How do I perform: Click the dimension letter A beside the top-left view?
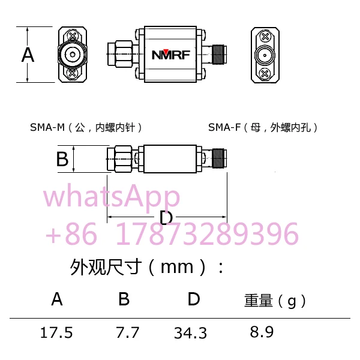28,55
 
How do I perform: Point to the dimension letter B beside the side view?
62,160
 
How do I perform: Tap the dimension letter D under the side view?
167,217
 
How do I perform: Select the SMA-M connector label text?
86,127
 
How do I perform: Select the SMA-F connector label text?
263,127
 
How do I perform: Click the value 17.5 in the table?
56,332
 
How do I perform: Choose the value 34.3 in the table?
190,332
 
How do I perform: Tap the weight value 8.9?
262,332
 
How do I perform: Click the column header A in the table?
57,299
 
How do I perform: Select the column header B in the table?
124,299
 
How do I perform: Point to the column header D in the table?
193,299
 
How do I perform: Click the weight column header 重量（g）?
275,300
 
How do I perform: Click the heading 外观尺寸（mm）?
148,266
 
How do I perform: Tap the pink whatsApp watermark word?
112,196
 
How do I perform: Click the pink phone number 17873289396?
206,233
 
